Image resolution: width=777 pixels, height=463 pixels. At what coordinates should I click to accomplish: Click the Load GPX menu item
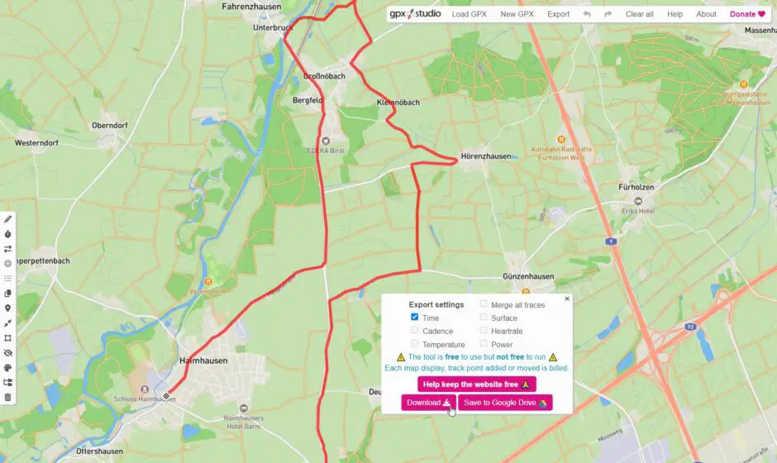click(470, 14)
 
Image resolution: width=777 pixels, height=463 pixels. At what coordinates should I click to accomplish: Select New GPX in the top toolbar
click(517, 14)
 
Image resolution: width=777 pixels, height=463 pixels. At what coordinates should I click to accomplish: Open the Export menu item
click(558, 14)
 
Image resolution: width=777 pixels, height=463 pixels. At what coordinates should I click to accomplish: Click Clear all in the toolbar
click(639, 14)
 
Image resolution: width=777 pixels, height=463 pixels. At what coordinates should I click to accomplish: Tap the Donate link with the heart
click(747, 14)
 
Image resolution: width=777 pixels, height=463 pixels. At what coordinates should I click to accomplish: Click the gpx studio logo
click(415, 14)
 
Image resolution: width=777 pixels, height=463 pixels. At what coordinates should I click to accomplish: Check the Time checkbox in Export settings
click(415, 317)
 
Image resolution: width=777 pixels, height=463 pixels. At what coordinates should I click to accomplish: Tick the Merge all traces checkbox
click(484, 304)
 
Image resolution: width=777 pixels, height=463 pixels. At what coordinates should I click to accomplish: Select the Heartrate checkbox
click(484, 331)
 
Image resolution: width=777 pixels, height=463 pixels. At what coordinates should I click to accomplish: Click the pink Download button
click(428, 403)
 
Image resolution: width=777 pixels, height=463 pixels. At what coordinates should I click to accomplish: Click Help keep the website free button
click(476, 384)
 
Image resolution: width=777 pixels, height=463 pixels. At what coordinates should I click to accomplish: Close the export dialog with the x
click(567, 298)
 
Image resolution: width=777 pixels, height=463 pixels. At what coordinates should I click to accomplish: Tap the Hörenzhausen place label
click(486, 155)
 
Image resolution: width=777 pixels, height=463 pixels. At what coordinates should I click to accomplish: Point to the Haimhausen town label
click(202, 361)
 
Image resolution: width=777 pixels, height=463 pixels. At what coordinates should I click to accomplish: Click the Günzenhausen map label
click(526, 276)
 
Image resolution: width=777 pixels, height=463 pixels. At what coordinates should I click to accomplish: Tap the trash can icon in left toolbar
click(8, 397)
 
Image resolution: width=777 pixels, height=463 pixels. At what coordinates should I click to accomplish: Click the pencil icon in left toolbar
click(8, 219)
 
